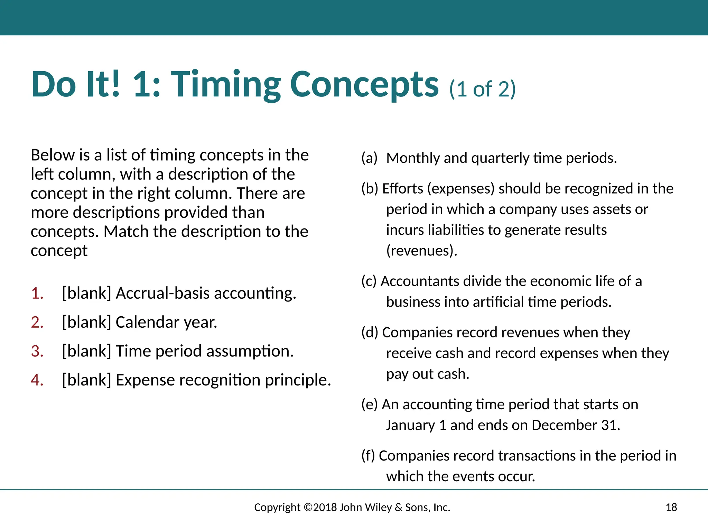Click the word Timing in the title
click(226, 85)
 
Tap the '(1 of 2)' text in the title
click(482, 89)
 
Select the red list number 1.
click(37, 294)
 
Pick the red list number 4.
click(37, 380)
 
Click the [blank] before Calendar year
click(86, 323)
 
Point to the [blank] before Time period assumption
click(86, 352)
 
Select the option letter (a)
click(369, 158)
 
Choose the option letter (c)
click(369, 281)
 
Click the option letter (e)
click(370, 404)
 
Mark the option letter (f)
click(368, 456)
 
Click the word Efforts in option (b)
click(403, 189)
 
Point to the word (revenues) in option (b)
click(421, 251)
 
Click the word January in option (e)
click(410, 425)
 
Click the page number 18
click(671, 507)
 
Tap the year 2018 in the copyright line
click(325, 507)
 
